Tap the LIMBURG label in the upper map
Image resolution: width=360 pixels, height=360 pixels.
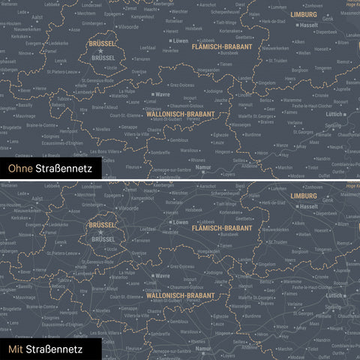pos(304,15)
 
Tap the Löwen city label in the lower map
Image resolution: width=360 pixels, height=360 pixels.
pos(180,222)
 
